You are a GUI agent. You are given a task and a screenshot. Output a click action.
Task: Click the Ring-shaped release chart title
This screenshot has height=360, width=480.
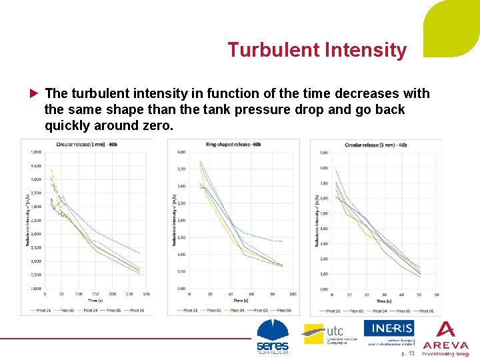[x=233, y=144]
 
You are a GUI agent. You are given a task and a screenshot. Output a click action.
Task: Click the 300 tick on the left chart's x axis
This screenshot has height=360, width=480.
[x=145, y=294]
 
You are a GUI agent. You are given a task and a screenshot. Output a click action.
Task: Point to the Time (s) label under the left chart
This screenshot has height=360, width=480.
[x=95, y=301]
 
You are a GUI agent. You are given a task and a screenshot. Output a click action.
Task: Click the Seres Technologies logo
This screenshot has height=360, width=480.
[x=273, y=337]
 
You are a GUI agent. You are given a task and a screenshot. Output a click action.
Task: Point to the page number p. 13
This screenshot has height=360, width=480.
[x=408, y=353]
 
